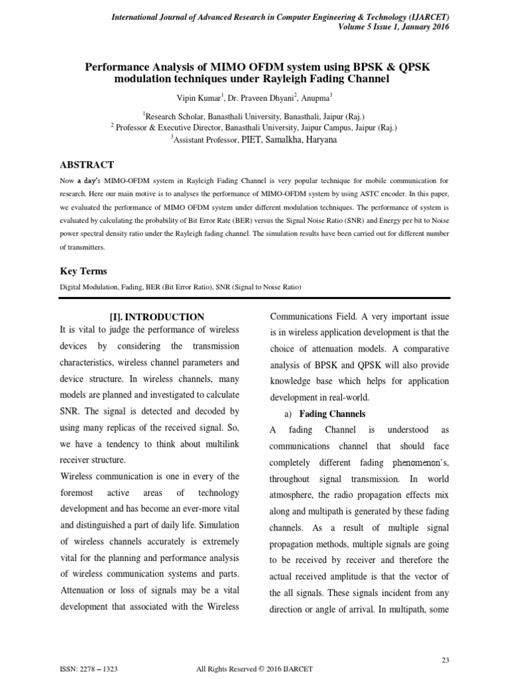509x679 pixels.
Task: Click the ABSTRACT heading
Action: [x=87, y=164]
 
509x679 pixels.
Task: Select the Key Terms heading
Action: [x=84, y=271]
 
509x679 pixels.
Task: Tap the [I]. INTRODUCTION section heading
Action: [x=156, y=317]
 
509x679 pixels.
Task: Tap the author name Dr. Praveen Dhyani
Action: [x=251, y=97]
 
